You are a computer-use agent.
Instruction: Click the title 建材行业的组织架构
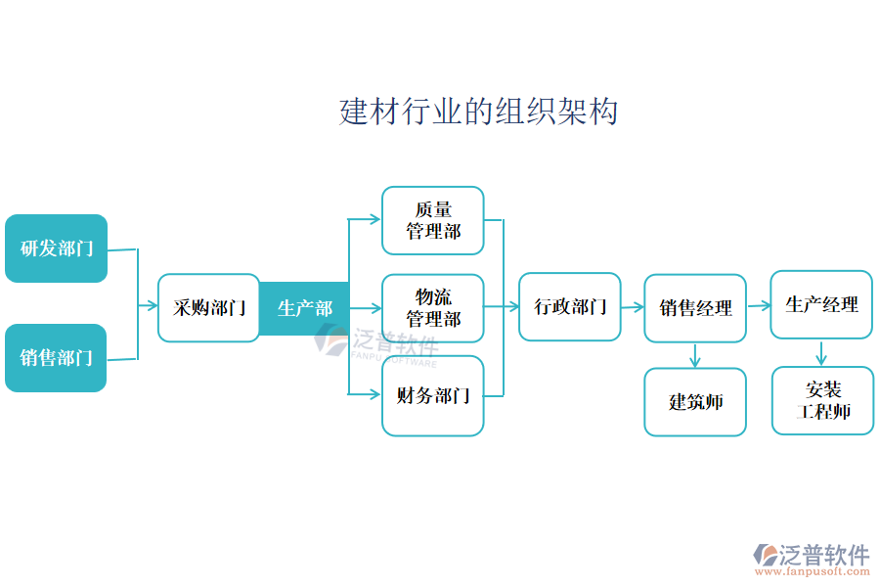tap(478, 112)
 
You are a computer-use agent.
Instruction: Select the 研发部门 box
tap(56, 248)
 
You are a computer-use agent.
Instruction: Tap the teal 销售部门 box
tap(56, 358)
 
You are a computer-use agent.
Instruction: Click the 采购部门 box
tap(208, 308)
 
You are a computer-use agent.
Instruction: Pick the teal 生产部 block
tap(304, 308)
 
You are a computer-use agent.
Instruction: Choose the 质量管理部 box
tap(432, 221)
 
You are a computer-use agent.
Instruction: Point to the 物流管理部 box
tap(432, 308)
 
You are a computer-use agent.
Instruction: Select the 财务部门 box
tap(432, 396)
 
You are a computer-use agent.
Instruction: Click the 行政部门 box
tap(569, 307)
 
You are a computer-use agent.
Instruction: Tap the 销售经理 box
tap(694, 308)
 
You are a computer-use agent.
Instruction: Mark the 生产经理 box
tap(821, 305)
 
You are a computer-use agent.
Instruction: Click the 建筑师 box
tap(694, 402)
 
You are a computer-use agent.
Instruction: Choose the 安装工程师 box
tap(821, 401)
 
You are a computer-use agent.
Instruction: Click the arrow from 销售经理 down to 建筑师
tap(694, 355)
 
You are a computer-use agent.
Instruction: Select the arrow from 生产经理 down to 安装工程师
tap(821, 353)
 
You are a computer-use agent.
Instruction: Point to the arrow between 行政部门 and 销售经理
tap(632, 307)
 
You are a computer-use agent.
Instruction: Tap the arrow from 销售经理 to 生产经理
tap(758, 306)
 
